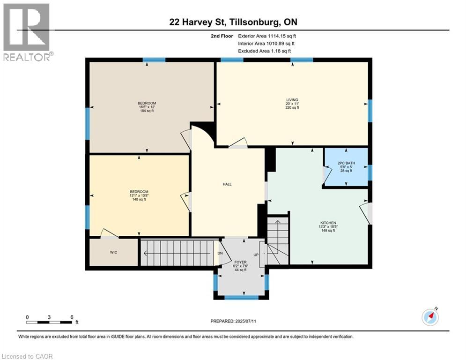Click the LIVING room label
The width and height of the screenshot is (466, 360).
pos(292,99)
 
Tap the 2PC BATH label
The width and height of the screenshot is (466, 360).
pos(346,163)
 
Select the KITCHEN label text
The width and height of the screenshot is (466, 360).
pos(328,223)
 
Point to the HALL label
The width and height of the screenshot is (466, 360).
pos(227,184)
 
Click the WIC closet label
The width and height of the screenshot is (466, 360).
pos(113,252)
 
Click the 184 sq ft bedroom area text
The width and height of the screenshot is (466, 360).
pos(147,111)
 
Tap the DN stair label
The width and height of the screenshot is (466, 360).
pos(220,254)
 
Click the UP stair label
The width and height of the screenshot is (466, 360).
pos(256,255)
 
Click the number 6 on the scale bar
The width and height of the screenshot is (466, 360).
pos(72,317)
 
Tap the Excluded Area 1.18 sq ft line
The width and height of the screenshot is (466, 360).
pos(264,51)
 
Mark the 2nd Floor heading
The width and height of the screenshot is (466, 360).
pos(223,36)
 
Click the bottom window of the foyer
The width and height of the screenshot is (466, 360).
pos(241,297)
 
